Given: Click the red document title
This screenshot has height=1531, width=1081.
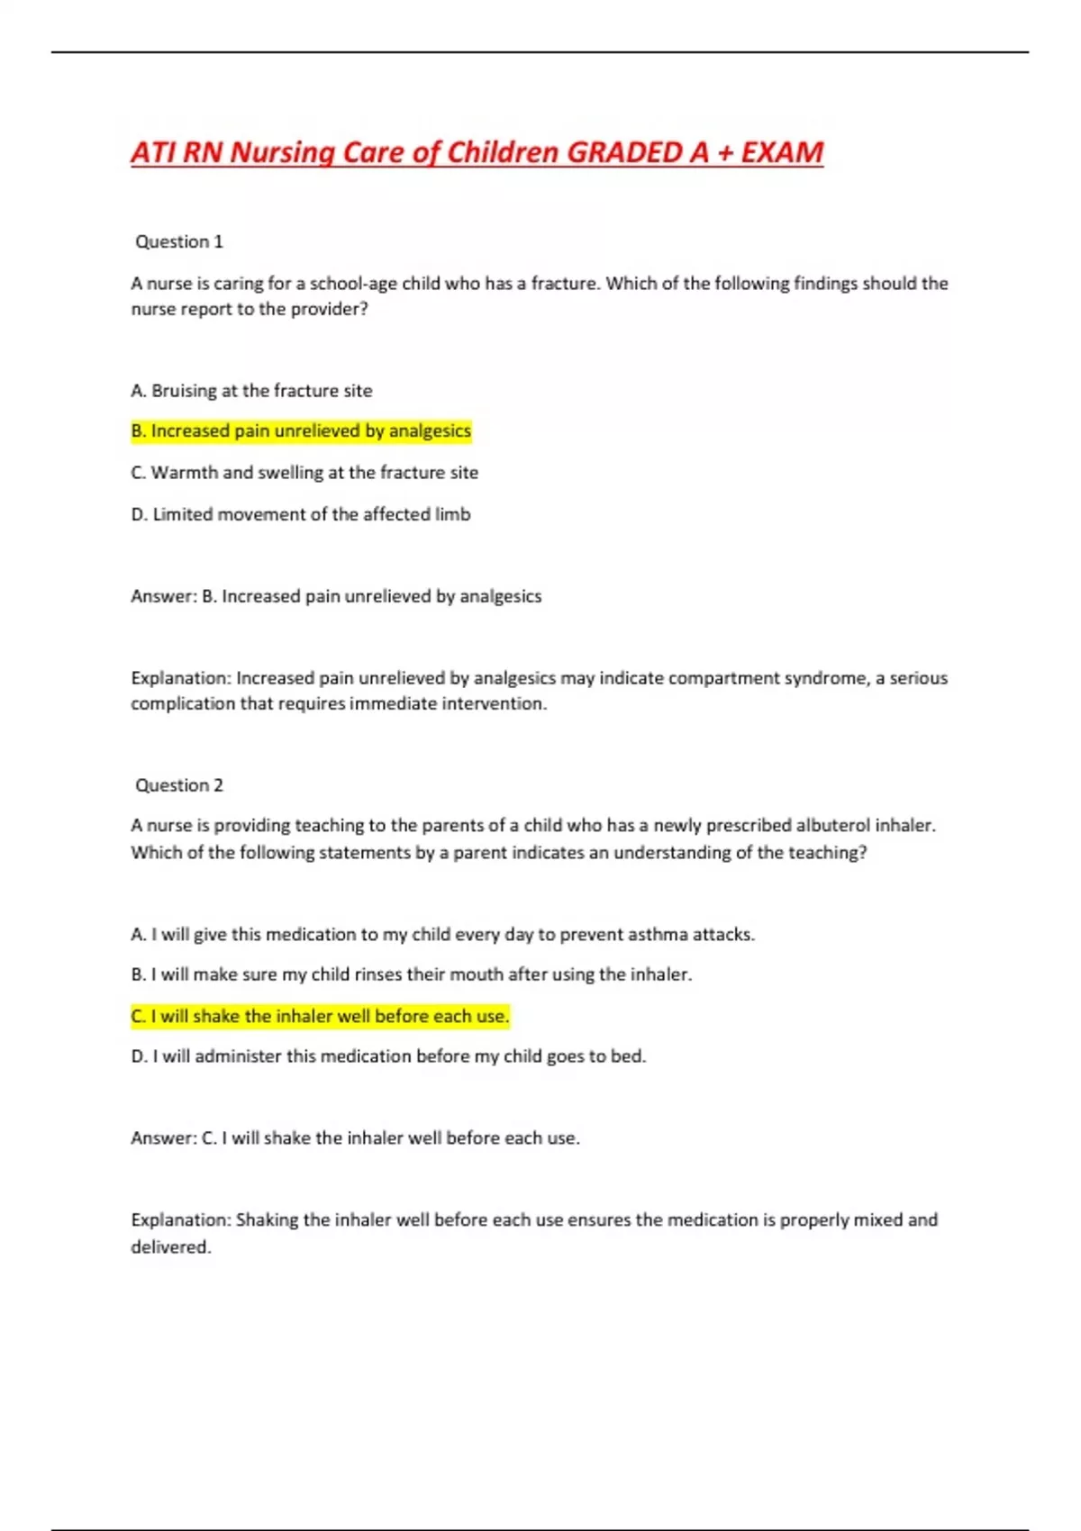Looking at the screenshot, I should (x=477, y=152).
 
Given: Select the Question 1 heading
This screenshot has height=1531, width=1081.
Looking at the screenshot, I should (x=178, y=241).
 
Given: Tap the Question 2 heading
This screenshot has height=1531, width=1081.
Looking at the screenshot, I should (x=178, y=785).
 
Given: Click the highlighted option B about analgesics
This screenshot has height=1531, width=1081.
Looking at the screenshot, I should (x=301, y=431).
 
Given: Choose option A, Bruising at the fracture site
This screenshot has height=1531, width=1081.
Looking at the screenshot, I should (x=251, y=391).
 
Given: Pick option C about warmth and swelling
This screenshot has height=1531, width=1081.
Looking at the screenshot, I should (x=304, y=473).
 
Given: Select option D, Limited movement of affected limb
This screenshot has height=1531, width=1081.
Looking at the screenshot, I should (x=301, y=514).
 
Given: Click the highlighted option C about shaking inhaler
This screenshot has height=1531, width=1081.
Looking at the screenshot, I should (x=320, y=1016).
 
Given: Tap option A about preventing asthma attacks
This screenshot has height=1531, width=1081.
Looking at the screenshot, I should (x=442, y=935).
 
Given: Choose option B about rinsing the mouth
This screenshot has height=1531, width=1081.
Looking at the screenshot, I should (x=411, y=974).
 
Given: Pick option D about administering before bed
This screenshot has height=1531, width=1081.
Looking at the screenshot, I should (x=388, y=1056).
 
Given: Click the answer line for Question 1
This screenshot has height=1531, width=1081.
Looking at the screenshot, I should (x=336, y=596).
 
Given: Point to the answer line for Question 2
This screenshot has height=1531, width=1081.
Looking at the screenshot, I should (x=355, y=1138).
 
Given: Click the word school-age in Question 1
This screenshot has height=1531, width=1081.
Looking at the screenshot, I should (x=353, y=284).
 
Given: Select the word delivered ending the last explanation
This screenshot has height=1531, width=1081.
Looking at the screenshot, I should (x=170, y=1247).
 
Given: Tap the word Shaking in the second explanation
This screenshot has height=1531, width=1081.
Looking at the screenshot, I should (x=267, y=1220).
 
